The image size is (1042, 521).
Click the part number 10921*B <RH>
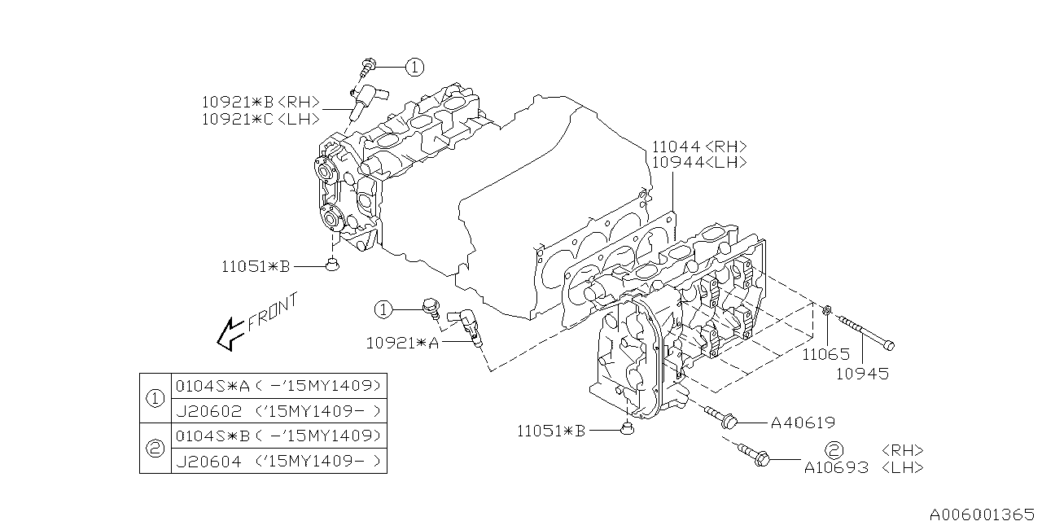[260, 103]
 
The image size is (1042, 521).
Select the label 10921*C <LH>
[260, 120]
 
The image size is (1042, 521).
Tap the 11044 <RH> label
[698, 147]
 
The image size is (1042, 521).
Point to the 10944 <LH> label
[698, 163]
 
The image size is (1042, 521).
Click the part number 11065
[825, 354]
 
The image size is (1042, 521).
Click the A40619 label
[802, 422]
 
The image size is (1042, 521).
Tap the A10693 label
[836, 467]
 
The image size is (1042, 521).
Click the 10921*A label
[401, 344]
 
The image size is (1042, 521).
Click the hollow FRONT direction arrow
[230, 333]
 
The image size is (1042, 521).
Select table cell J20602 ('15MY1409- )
[278, 411]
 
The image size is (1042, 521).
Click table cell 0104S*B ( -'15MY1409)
[278, 435]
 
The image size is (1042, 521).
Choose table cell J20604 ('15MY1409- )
[278, 461]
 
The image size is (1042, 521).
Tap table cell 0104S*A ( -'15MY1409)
[278, 385]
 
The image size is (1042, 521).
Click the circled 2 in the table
[155, 448]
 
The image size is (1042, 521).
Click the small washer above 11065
[825, 309]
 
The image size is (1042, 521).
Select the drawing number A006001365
[983, 513]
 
